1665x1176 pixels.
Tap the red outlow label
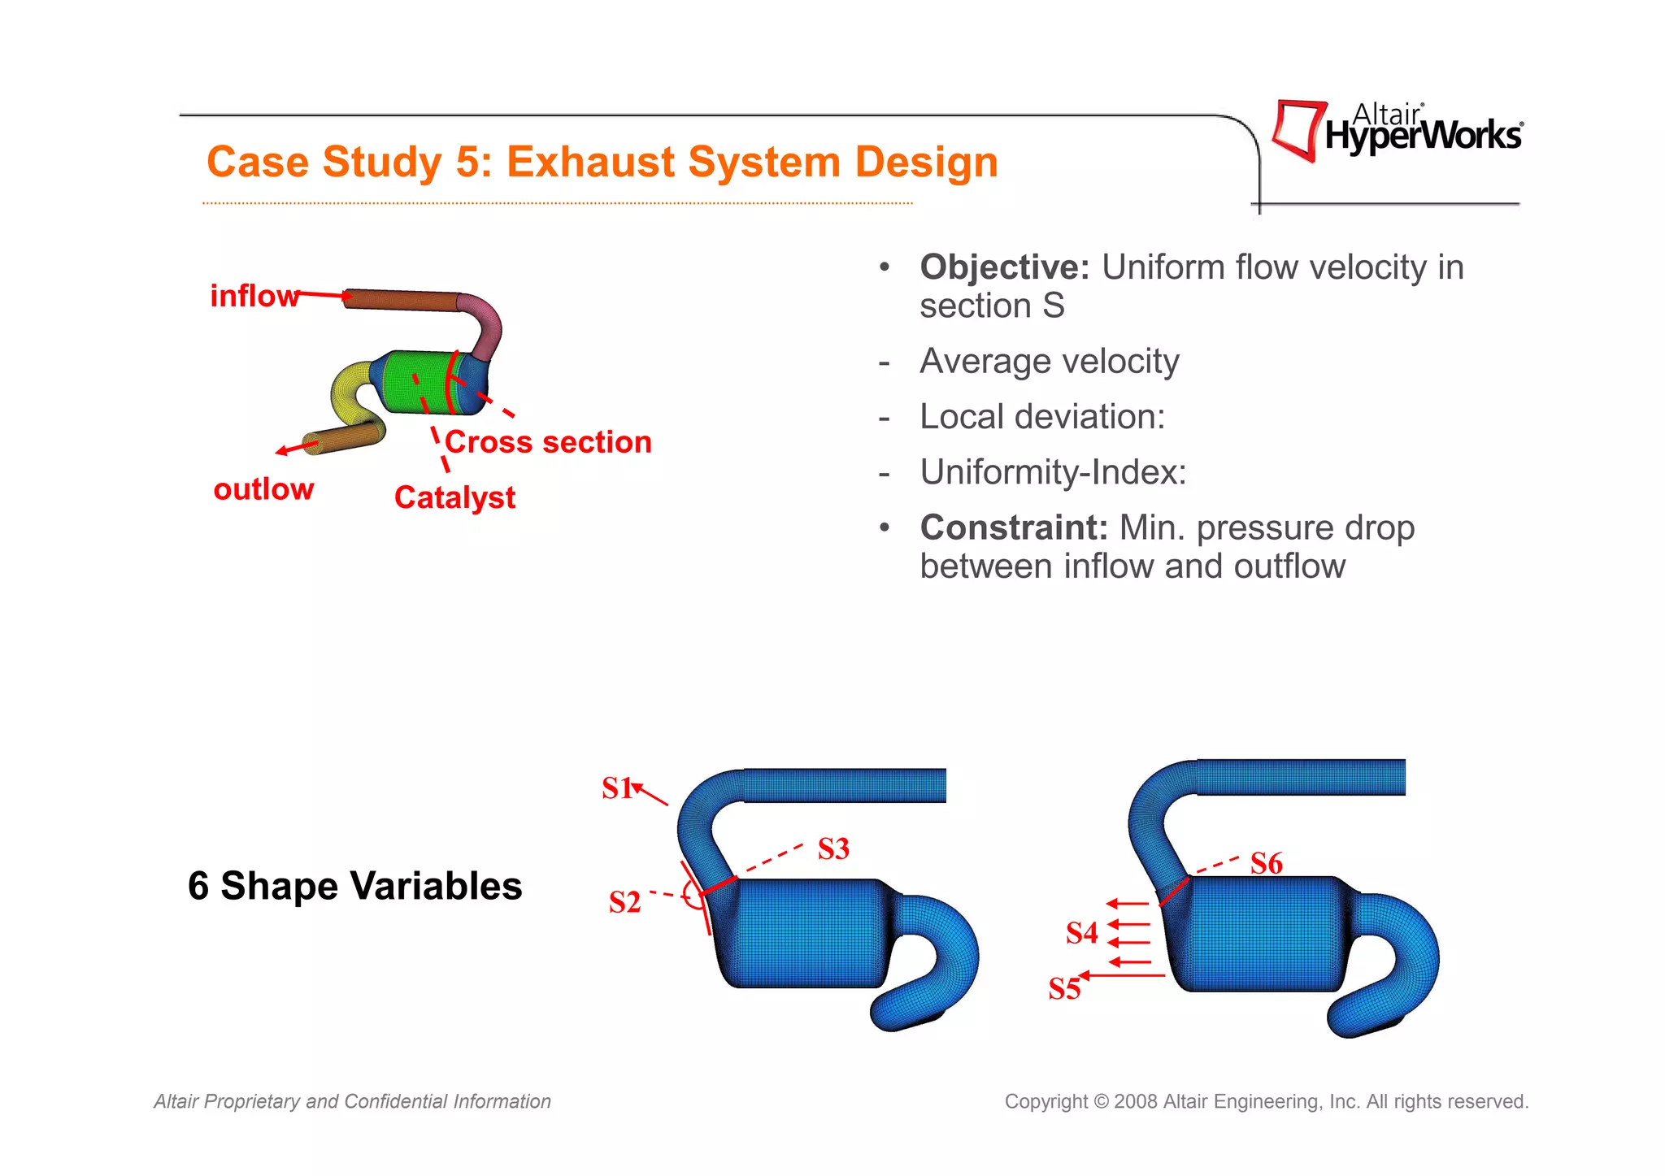pos(263,489)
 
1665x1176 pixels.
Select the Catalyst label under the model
pos(454,497)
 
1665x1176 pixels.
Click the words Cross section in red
pos(548,442)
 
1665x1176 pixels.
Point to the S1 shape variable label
pos(616,788)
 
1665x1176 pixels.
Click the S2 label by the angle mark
pos(624,902)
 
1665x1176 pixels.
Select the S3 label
pos(833,848)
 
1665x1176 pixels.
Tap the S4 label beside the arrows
pos(1081,932)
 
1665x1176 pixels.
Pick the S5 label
pos(1063,988)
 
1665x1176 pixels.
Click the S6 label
pos(1266,863)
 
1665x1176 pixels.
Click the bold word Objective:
pos(1004,267)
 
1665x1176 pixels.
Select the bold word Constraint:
pos(1014,527)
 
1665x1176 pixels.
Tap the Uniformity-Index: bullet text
pos(1053,472)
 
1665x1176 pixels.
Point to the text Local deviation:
pos(1042,417)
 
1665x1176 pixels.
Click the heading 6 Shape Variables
pos(354,886)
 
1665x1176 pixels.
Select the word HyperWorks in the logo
pos(1423,137)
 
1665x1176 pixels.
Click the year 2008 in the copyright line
pos(1136,1102)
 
